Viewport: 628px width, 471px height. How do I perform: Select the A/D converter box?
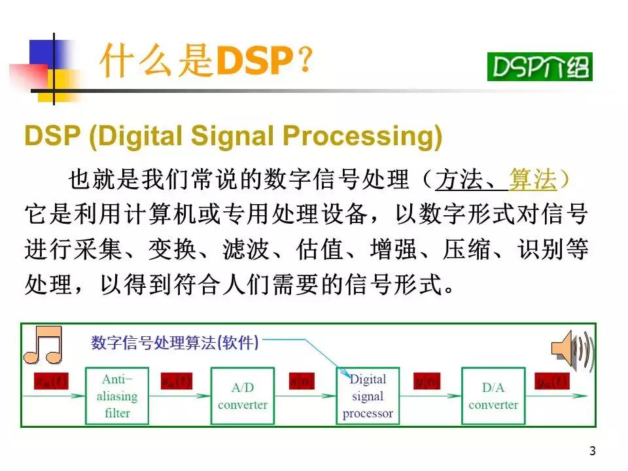pyautogui.click(x=242, y=396)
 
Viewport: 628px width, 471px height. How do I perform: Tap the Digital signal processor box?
pyautogui.click(x=368, y=396)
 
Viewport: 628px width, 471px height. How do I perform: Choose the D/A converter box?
pyautogui.click(x=493, y=396)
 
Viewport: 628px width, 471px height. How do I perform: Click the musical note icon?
pyautogui.click(x=43, y=345)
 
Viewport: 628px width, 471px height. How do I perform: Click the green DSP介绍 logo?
pyautogui.click(x=539, y=66)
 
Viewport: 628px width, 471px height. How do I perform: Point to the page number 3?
pyautogui.click(x=592, y=451)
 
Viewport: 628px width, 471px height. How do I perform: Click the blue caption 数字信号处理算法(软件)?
pyautogui.click(x=175, y=342)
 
